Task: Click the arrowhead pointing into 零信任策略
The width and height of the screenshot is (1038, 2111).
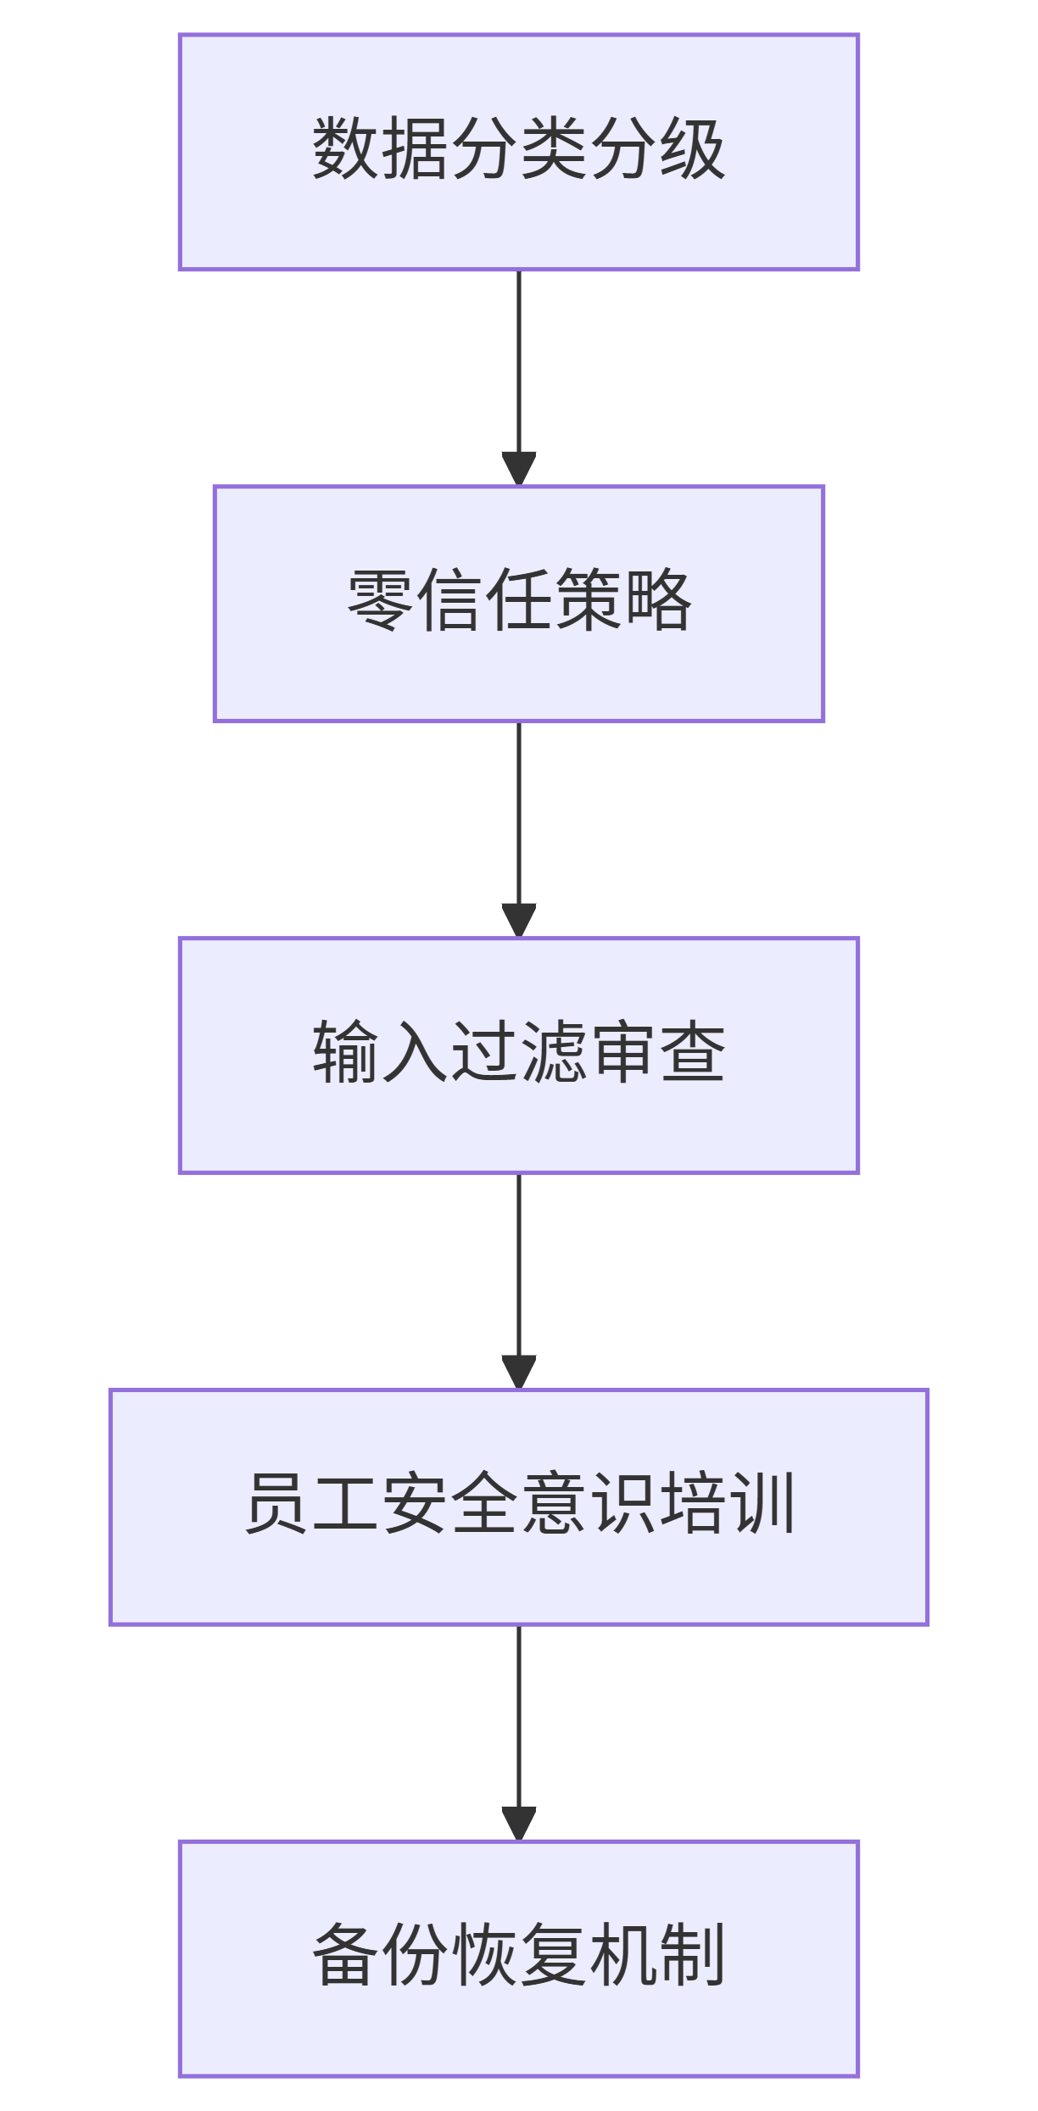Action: point(518,469)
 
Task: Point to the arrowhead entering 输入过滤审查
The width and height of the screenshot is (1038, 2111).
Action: point(518,921)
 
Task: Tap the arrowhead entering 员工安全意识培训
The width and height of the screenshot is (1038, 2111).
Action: point(518,1373)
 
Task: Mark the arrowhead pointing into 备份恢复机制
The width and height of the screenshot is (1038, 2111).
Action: point(518,1824)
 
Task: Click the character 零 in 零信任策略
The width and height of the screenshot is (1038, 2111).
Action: point(380,600)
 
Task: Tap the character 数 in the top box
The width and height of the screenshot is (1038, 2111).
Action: point(345,148)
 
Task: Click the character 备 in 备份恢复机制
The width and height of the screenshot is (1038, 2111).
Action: point(345,1956)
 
